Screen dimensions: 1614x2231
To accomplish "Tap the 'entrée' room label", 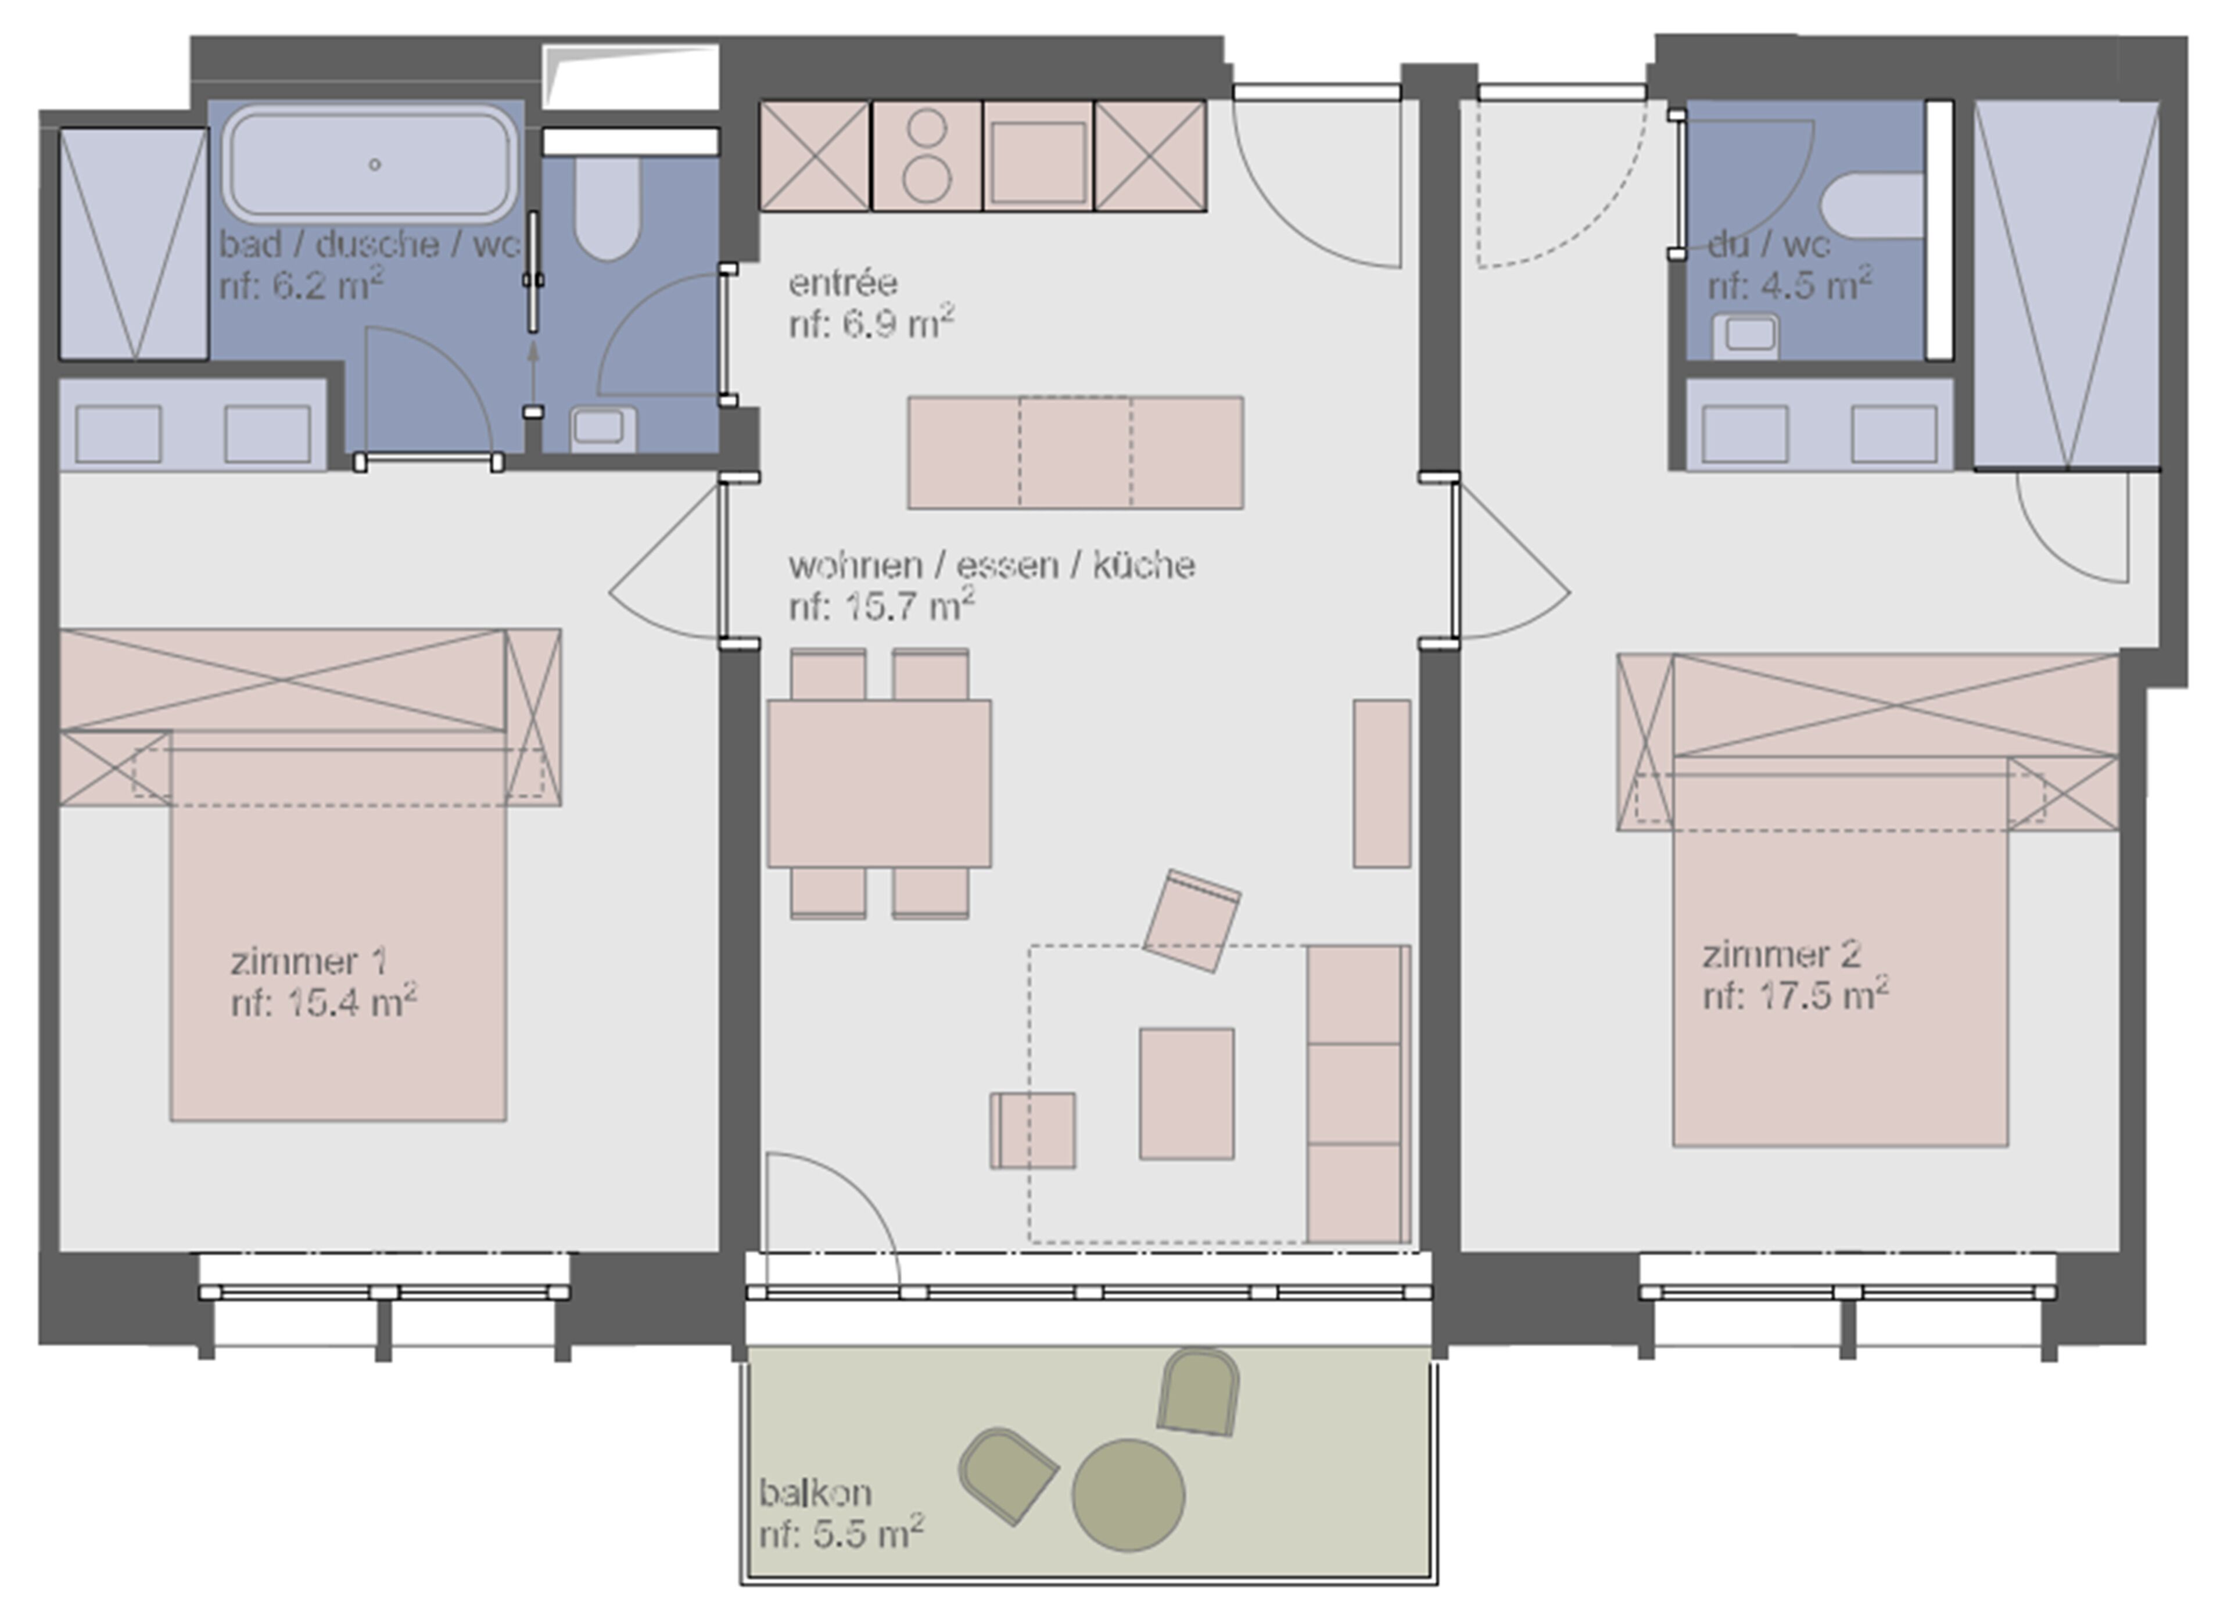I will coord(843,284).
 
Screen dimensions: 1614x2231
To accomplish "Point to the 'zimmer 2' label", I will coord(1781,954).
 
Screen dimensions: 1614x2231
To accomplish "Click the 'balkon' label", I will coord(815,1493).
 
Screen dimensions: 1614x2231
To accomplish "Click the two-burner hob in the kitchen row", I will coord(927,155).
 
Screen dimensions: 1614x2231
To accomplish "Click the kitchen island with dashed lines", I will coord(1075,453).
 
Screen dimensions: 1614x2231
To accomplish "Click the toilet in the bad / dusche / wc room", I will coord(608,207).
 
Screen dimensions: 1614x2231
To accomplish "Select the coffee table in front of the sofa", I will coord(1186,1093).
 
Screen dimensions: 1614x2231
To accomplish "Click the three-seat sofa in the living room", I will coord(1358,1093).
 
